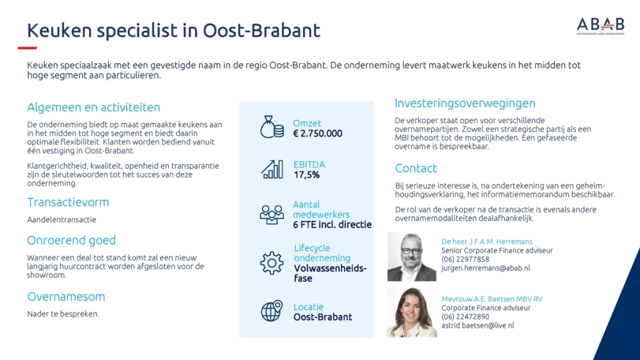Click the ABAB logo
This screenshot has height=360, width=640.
[601, 26]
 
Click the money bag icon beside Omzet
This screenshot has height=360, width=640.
[271, 127]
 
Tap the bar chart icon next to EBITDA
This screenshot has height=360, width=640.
[271, 169]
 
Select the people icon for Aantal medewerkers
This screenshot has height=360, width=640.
[271, 214]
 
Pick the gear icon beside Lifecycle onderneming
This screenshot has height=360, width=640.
[271, 263]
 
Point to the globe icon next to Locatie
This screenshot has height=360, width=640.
[271, 311]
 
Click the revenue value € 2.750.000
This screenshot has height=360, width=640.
[317, 133]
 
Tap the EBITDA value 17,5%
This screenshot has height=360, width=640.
[306, 175]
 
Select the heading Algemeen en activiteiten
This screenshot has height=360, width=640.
[93, 107]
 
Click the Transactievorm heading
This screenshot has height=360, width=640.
[68, 202]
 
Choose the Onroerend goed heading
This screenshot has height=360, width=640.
[72, 240]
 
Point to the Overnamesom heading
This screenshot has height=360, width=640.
[66, 296]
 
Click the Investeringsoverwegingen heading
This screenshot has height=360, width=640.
[465, 103]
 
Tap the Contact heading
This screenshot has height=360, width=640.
[416, 168]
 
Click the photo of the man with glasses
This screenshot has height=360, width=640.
[412, 257]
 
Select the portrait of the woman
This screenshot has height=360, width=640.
[412, 313]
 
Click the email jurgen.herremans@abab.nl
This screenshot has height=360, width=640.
[485, 268]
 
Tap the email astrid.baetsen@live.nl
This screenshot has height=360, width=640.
[477, 326]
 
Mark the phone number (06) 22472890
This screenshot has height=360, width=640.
[466, 317]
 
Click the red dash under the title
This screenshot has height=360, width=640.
[28, 48]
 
